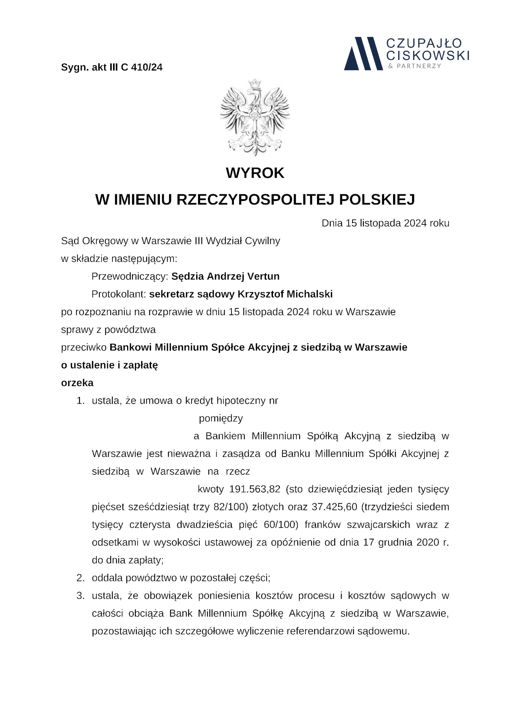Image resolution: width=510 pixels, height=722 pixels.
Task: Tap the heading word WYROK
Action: (255, 173)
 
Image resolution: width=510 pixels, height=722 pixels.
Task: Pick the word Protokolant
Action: (118, 294)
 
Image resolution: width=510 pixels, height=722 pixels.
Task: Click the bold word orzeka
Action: (77, 383)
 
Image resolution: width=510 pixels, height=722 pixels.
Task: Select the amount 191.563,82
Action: (255, 489)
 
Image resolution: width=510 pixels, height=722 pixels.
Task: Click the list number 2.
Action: (81, 578)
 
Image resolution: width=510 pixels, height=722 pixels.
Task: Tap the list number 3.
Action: (81, 596)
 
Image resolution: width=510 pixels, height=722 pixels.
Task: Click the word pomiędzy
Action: (221, 418)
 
